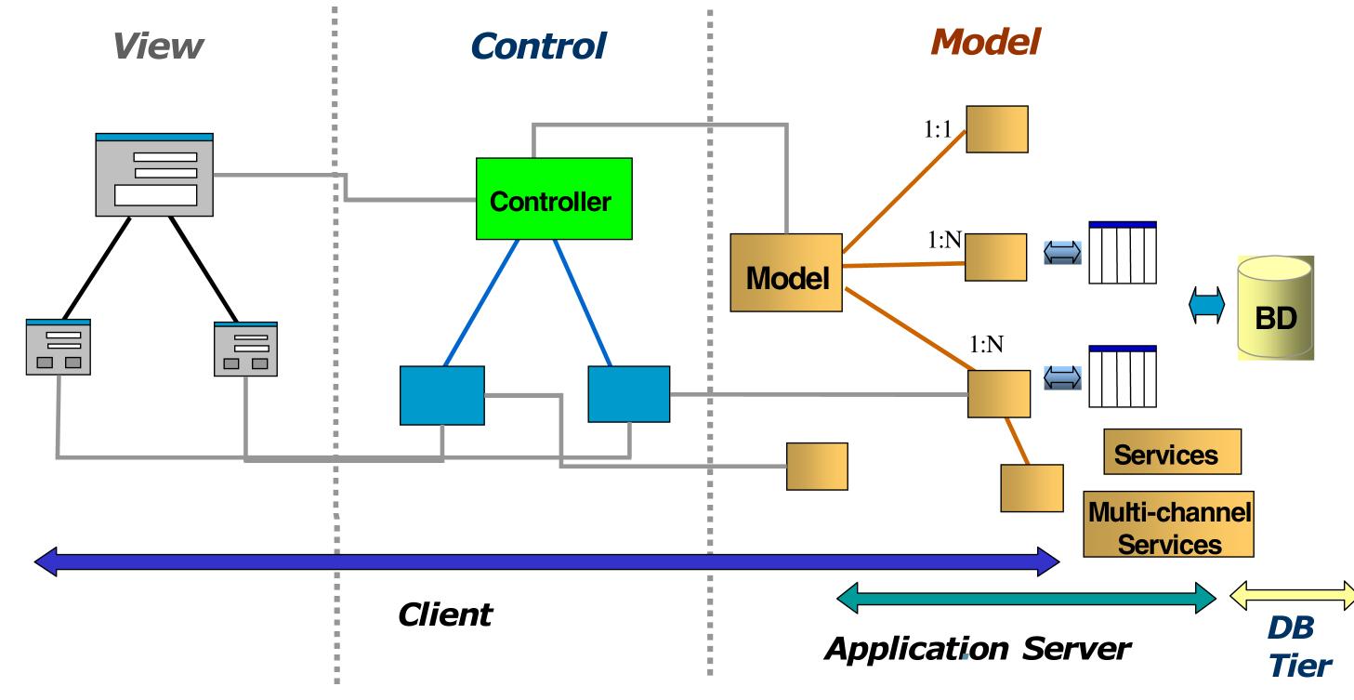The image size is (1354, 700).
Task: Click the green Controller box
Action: click(554, 200)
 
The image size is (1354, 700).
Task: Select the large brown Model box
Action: click(786, 271)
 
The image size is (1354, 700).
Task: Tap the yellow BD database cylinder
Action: click(1274, 309)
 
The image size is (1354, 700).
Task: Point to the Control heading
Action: click(538, 46)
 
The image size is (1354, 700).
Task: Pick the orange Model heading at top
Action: click(984, 40)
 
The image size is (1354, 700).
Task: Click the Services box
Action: click(1172, 453)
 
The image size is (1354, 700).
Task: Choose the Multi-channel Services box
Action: click(1168, 525)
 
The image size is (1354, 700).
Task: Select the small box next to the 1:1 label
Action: click(997, 129)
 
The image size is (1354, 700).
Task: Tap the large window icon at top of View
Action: click(154, 175)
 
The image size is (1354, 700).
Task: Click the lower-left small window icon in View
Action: click(59, 347)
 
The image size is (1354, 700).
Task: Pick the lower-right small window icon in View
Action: click(245, 349)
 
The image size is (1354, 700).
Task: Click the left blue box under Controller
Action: click(441, 395)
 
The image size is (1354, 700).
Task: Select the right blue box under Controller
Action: click(628, 393)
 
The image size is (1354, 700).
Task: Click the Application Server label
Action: click(977, 649)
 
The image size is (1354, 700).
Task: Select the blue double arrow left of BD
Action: click(1206, 305)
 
